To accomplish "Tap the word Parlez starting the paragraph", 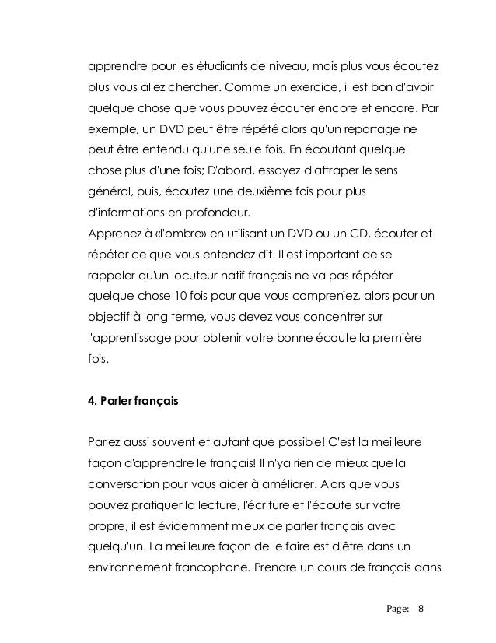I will tap(105, 441).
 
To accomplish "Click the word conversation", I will tap(125, 483).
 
